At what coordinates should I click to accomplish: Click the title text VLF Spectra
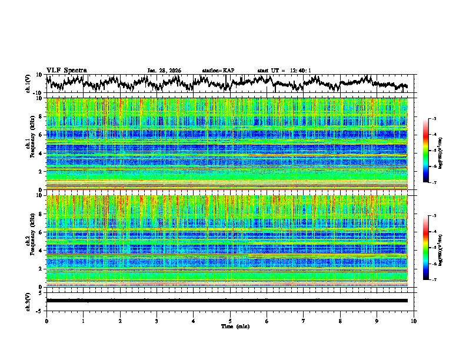pos(66,71)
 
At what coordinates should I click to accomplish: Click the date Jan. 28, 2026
pos(164,71)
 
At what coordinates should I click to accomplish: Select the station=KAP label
pos(218,71)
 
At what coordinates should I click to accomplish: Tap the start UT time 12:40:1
pos(284,71)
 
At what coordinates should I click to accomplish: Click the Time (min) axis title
pos(230,326)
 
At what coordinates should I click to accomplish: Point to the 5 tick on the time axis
pos(230,321)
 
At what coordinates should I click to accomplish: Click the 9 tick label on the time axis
pos(377,321)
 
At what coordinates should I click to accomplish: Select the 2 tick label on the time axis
pos(120,321)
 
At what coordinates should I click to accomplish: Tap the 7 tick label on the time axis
pos(304,321)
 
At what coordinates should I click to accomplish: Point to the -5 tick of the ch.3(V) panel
pos(39,310)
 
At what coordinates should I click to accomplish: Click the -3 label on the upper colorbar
pos(434,119)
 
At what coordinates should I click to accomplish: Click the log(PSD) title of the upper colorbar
pos(440,151)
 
